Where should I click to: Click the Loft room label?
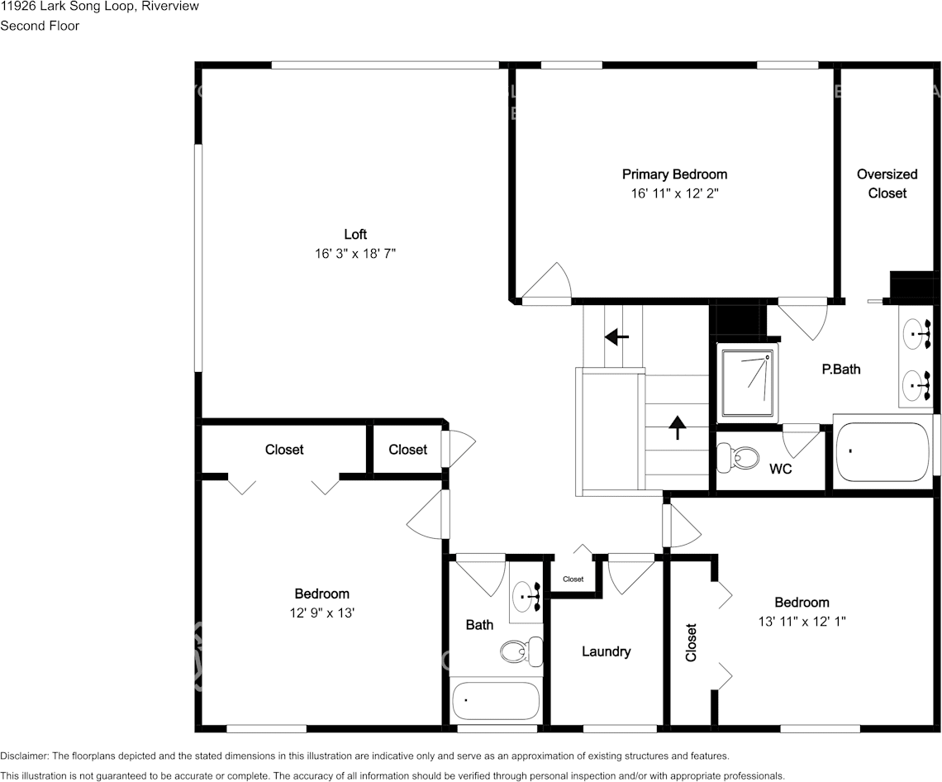point(355,235)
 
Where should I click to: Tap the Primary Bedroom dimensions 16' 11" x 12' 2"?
point(674,193)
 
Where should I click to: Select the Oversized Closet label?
point(887,184)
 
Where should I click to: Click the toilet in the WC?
point(739,458)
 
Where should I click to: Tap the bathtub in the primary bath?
point(882,452)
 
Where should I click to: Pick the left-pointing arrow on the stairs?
point(616,337)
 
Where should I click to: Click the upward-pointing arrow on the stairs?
point(677,427)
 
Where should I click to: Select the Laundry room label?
point(607,651)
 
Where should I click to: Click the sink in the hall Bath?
point(527,596)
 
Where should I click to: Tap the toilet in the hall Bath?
point(521,651)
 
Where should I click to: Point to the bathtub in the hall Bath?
point(495,702)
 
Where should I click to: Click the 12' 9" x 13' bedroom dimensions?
point(322,613)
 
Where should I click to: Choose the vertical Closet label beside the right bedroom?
point(691,642)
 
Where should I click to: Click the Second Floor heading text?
point(40,26)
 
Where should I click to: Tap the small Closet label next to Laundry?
point(573,579)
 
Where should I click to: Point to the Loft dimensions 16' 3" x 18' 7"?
point(355,254)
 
